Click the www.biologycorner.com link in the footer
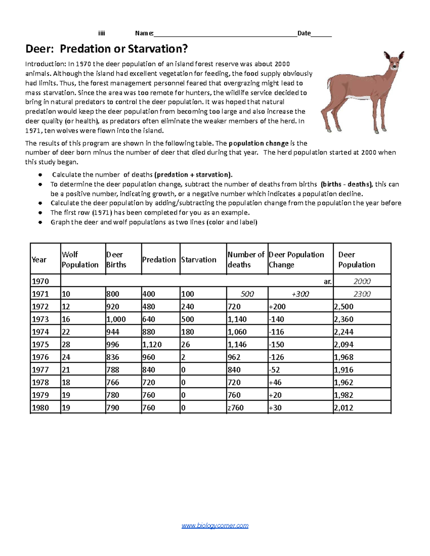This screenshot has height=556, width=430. [x=215, y=526]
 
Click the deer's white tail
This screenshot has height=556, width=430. [x=328, y=84]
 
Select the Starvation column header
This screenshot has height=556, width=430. [x=199, y=260]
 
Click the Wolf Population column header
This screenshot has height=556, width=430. [x=80, y=260]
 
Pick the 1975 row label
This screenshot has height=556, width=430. [x=40, y=344]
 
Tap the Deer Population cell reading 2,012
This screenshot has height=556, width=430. [x=344, y=407]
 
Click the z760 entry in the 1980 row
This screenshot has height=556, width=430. [x=236, y=407]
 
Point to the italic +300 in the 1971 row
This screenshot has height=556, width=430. [x=300, y=294]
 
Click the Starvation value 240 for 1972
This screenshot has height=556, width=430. [x=188, y=306]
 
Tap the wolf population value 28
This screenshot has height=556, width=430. [x=66, y=344]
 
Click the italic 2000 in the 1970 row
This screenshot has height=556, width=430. [x=362, y=281]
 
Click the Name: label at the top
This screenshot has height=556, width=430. [x=144, y=33]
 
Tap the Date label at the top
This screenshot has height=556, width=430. [x=304, y=33]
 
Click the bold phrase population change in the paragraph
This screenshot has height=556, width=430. [x=258, y=143]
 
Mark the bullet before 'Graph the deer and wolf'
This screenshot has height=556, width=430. [x=40, y=222]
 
